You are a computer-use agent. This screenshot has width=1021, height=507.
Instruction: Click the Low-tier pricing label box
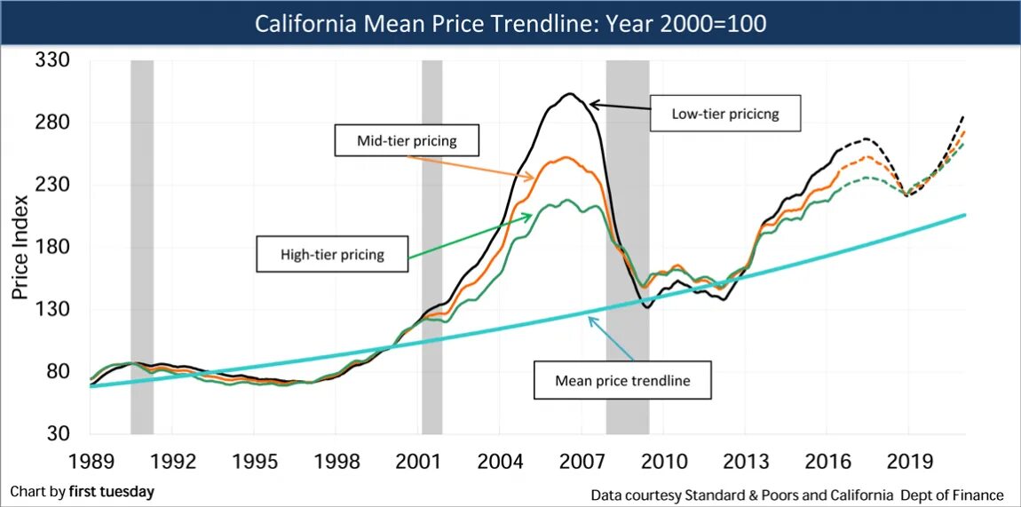pyautogui.click(x=725, y=114)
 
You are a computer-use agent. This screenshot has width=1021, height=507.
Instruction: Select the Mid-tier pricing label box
pyautogui.click(x=406, y=140)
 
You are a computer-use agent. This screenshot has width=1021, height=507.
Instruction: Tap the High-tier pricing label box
pyautogui.click(x=333, y=254)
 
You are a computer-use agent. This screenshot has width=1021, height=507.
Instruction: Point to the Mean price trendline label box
pyautogui.click(x=621, y=381)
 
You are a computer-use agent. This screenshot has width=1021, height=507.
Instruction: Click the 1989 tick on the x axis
pyautogui.click(x=91, y=462)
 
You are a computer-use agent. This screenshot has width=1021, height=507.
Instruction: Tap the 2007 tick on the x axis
pyautogui.click(x=583, y=462)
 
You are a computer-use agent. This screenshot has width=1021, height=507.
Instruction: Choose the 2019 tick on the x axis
pyautogui.click(x=910, y=462)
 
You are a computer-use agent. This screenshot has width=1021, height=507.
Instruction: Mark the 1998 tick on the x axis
pyautogui.click(x=336, y=462)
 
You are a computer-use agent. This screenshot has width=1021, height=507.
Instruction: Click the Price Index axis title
pyautogui.click(x=20, y=246)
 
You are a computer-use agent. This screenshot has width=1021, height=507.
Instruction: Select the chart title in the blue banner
pyautogui.click(x=510, y=23)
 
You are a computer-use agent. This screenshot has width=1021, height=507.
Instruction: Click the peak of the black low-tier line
pyautogui.click(x=570, y=93)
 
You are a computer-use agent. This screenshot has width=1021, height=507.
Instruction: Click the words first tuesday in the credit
pyautogui.click(x=111, y=491)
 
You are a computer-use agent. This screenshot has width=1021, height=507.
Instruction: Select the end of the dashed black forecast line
pyautogui.click(x=964, y=116)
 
